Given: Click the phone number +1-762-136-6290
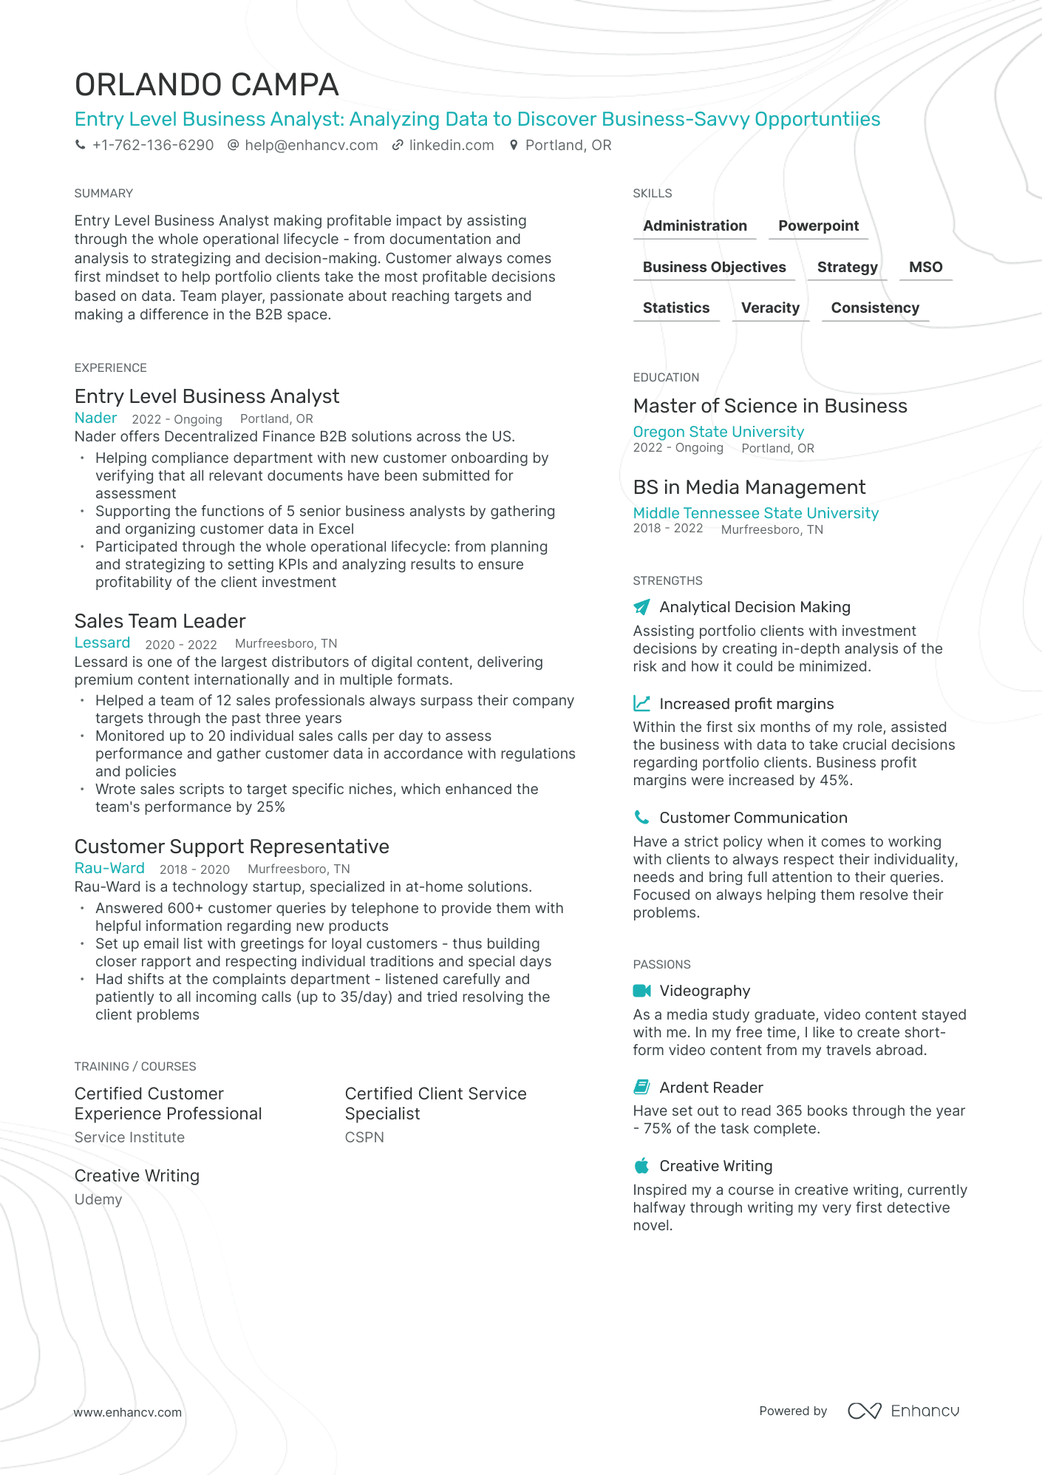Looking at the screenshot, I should [152, 146].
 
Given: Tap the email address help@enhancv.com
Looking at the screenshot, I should [310, 146].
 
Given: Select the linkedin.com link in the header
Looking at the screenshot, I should [451, 146].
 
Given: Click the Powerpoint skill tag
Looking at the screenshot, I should [818, 226].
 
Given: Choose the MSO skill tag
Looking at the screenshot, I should [925, 268].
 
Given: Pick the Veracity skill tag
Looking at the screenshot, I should [770, 308].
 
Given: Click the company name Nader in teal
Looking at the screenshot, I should [96, 418].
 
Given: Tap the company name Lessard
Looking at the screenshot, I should [102, 643].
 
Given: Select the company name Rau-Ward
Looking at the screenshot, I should [109, 869].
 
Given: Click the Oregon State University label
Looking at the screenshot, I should [718, 432].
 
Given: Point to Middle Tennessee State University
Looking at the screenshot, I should [755, 513].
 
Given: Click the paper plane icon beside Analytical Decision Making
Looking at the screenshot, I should [641, 607].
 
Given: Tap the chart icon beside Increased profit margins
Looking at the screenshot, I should [641, 704].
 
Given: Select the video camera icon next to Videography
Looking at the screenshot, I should [641, 991].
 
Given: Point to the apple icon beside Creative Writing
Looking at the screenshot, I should [641, 1166].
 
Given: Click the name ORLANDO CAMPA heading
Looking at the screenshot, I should [207, 86].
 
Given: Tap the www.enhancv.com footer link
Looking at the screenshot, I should [127, 1412].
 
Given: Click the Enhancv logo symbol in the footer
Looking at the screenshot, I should [864, 1411].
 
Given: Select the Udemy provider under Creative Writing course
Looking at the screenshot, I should [98, 1199].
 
